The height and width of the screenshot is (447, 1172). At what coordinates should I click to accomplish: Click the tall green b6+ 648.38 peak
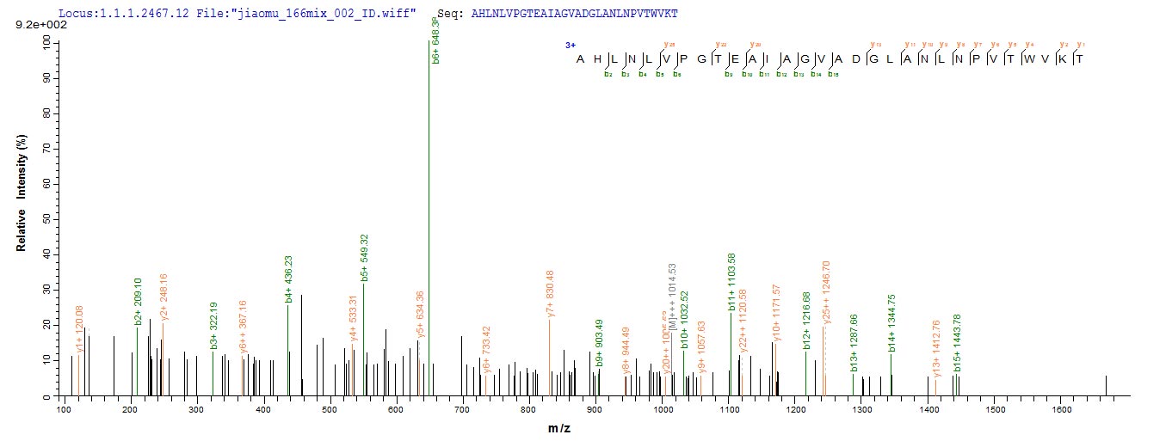click(x=429, y=215)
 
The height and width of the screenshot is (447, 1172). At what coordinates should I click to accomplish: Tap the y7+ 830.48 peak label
click(x=550, y=295)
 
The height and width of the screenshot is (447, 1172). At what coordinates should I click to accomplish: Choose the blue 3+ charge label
click(x=571, y=45)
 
